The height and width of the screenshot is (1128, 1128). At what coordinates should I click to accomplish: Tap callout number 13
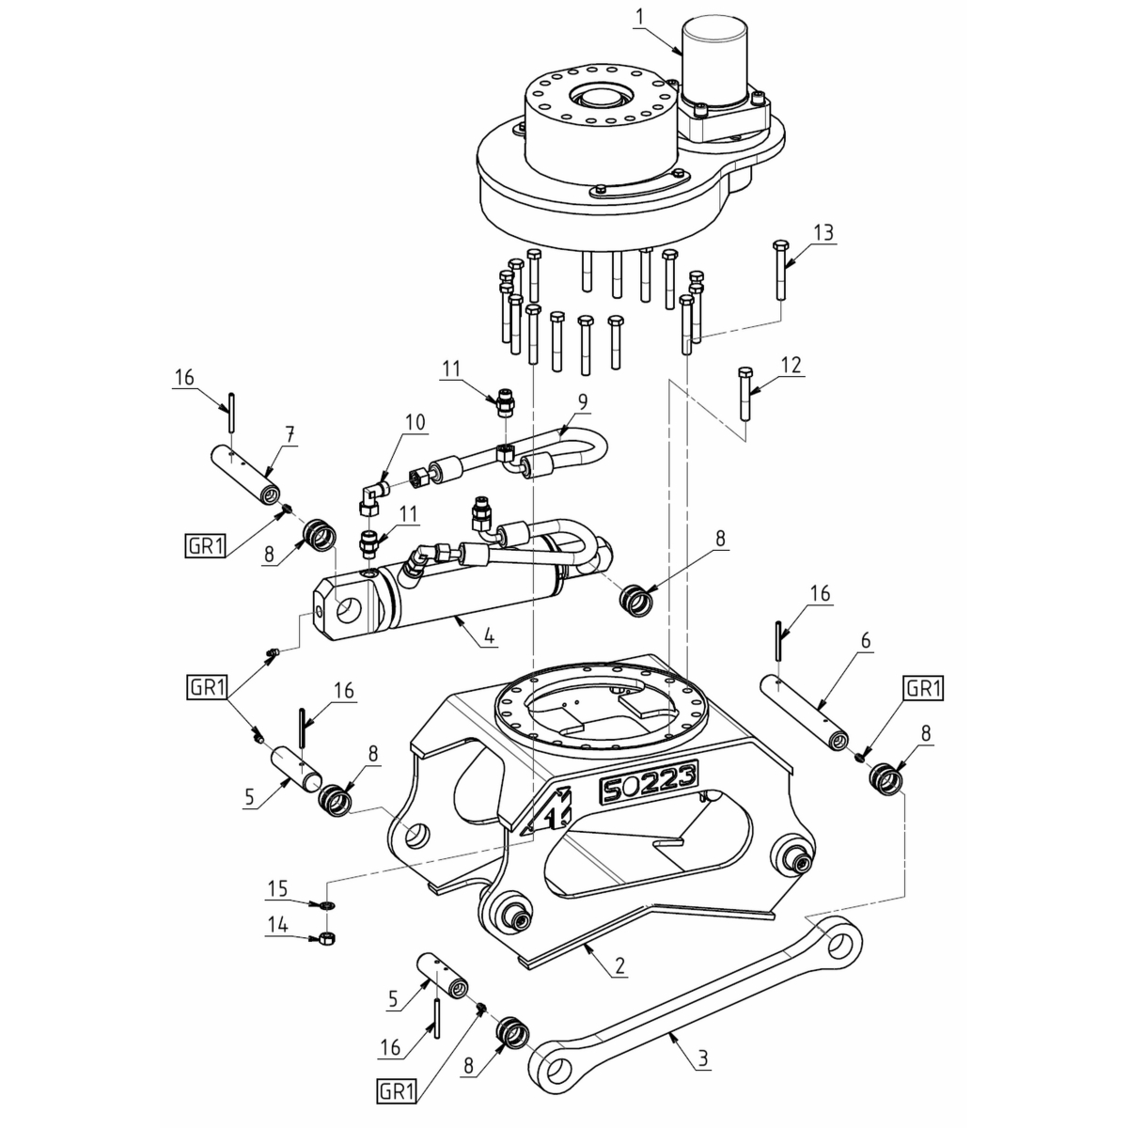[823, 232]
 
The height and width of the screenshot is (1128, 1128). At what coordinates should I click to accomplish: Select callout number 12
[792, 365]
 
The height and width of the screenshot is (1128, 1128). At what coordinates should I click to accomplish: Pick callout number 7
[290, 434]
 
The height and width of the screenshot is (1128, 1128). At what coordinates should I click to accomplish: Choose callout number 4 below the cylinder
[489, 635]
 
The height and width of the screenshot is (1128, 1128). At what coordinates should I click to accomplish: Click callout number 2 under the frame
[619, 965]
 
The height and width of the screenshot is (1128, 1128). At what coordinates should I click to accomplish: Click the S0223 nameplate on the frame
[649, 779]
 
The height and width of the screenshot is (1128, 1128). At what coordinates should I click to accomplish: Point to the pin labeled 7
[244, 475]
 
